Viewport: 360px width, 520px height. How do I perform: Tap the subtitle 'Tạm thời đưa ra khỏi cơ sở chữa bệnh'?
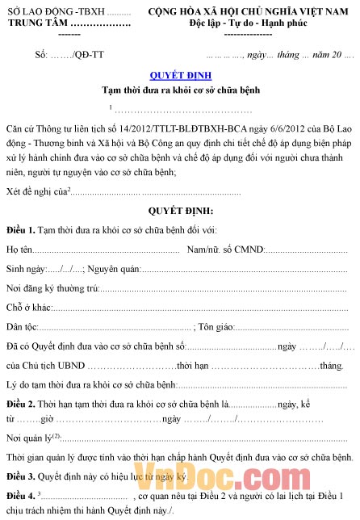click(x=179, y=90)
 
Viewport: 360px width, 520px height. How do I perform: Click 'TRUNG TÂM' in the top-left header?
click(x=36, y=25)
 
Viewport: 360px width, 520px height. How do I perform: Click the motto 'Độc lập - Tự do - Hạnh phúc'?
click(x=253, y=25)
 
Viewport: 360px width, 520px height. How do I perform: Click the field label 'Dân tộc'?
click(x=23, y=327)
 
